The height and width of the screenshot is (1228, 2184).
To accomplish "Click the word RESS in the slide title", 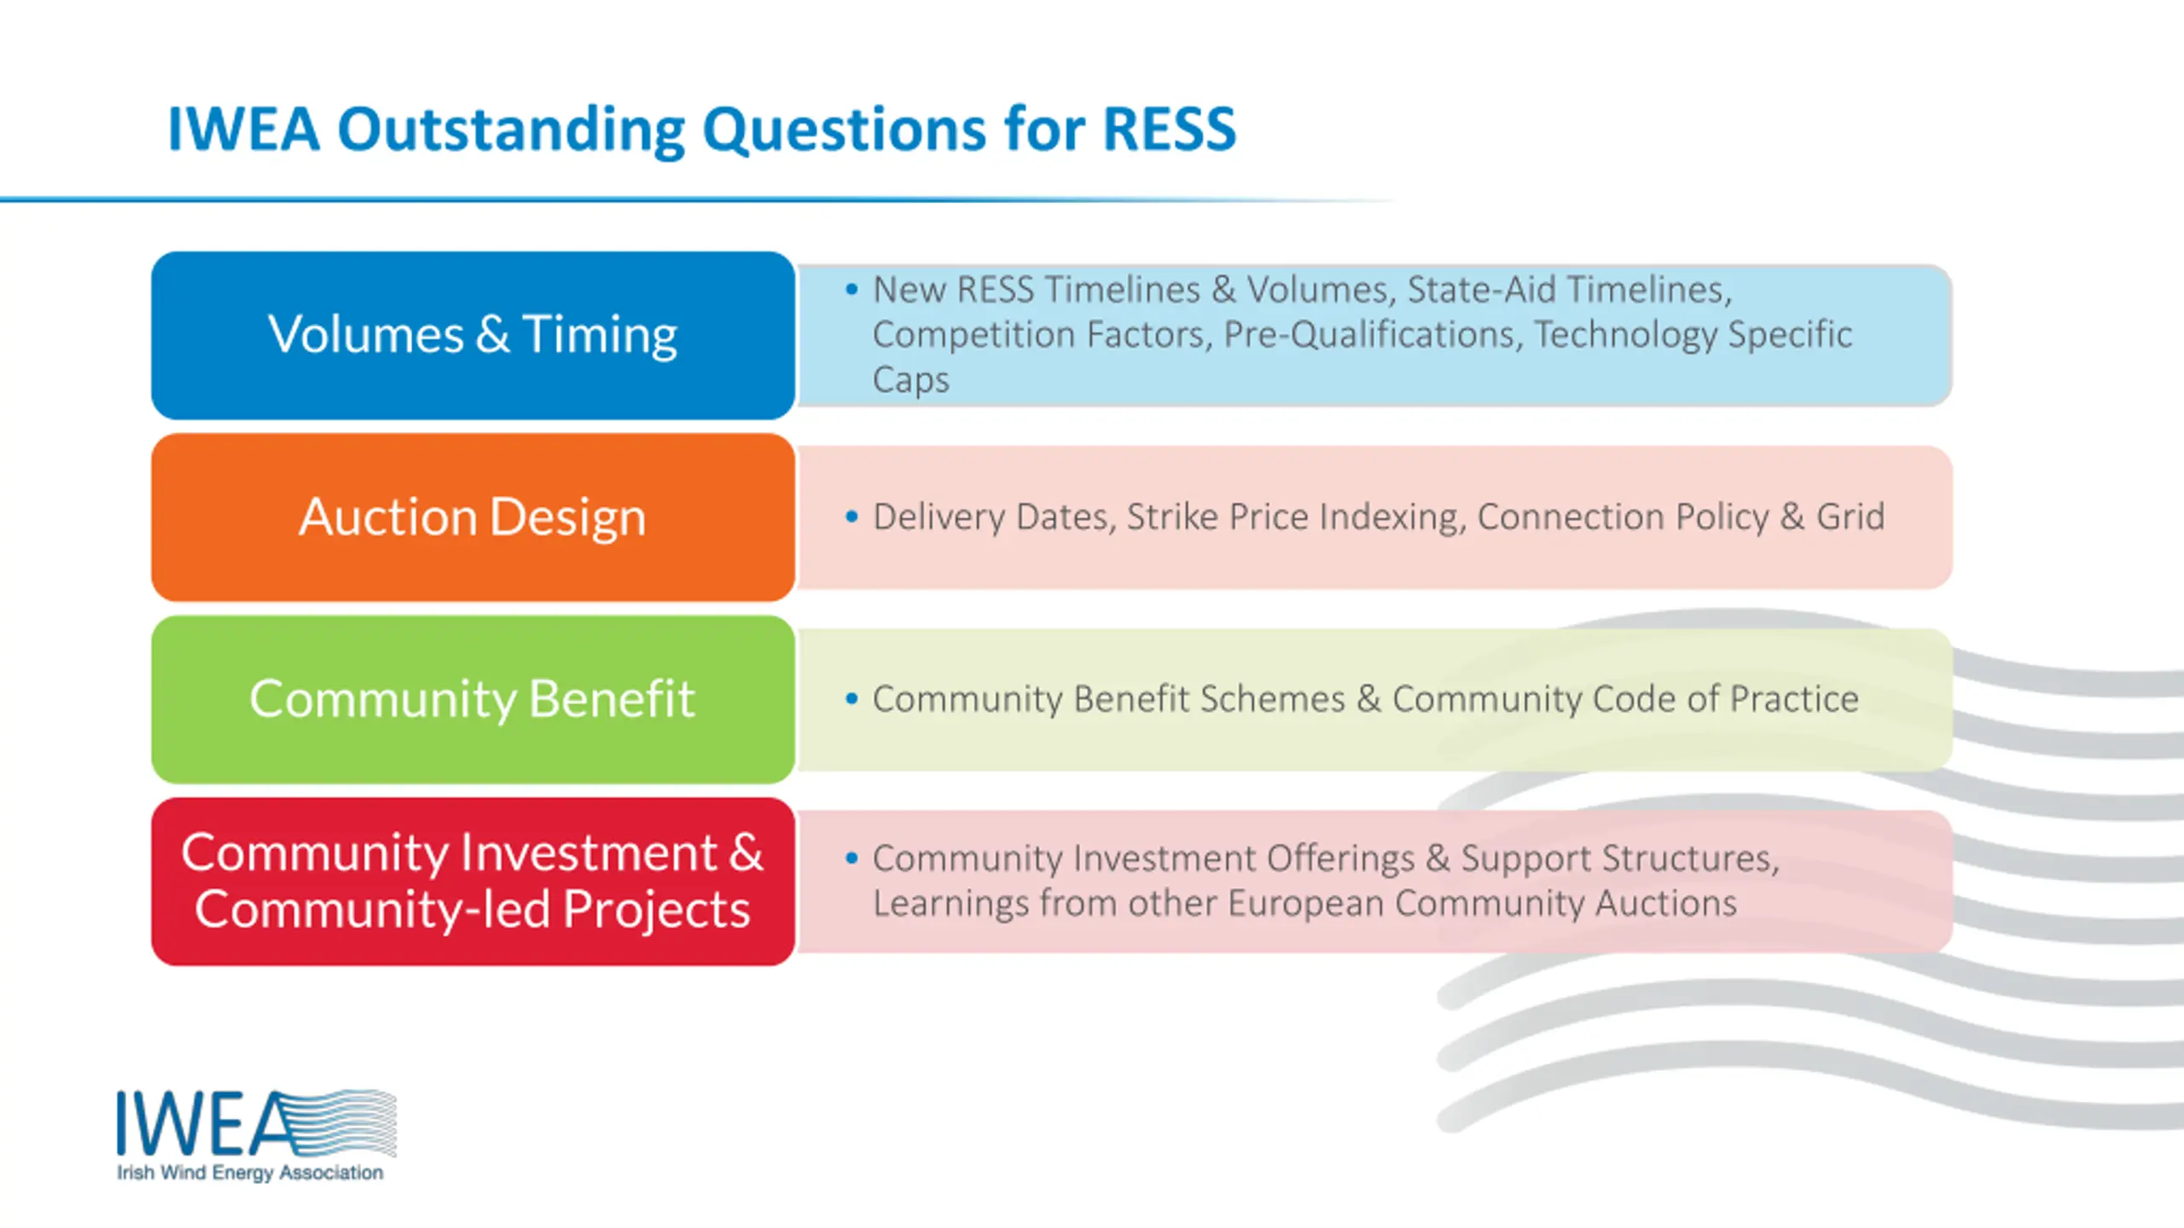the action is pos(1170,130).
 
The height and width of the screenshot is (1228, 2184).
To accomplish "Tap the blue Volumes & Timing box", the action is pos(473,335).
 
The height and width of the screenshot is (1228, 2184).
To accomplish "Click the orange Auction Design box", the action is pos(473,517).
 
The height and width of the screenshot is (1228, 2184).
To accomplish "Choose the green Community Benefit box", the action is pos(473,699).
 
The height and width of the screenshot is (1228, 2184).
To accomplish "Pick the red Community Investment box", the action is pos(473,881).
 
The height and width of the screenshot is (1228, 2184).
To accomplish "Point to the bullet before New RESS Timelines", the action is pos(851,289).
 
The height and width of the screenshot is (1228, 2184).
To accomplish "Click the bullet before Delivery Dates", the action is pos(851,516).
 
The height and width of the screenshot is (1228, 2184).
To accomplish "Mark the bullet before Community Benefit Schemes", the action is pos(851,698).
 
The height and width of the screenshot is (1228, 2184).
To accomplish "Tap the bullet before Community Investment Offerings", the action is pos(851,857).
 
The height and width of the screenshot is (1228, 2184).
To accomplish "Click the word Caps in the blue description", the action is pos(910,380).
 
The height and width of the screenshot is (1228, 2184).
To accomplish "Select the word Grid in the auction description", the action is pos(1850,517).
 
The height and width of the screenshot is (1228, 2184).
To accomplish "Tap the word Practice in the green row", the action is pos(1794,698).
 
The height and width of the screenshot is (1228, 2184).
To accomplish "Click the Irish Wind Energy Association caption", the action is pos(250,1173).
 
